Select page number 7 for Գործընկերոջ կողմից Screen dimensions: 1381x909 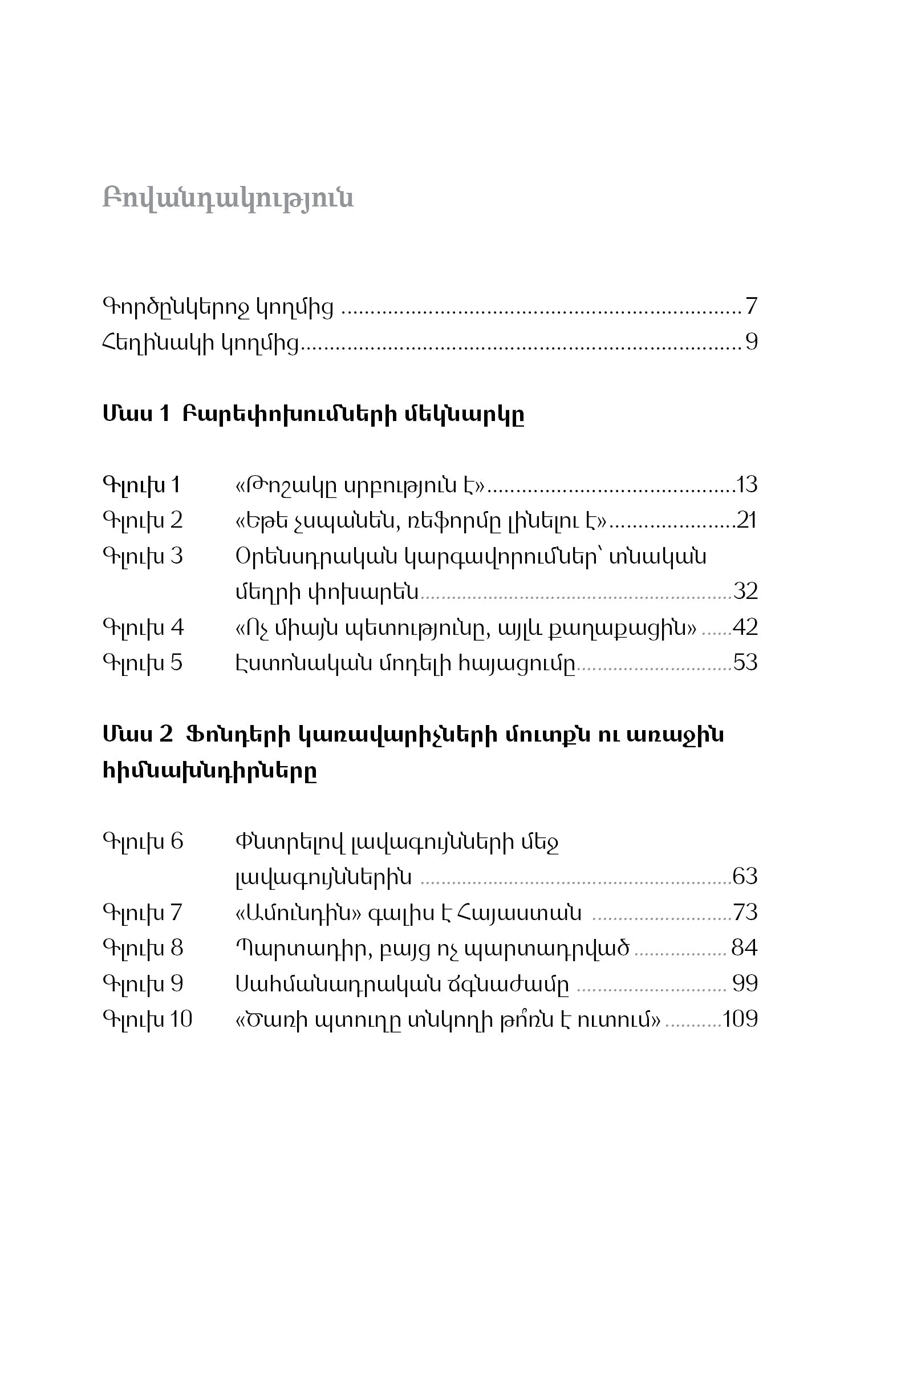click(x=751, y=306)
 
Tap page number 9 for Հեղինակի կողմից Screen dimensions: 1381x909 click(x=751, y=342)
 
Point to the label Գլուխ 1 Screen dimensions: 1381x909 click(x=141, y=485)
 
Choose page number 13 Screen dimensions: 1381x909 click(x=746, y=484)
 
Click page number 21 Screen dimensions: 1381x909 click(x=746, y=520)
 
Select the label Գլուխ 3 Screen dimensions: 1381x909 click(x=143, y=557)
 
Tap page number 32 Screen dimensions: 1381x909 click(x=745, y=592)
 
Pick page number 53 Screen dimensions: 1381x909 click(x=745, y=663)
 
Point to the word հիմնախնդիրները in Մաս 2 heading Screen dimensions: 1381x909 click(x=210, y=771)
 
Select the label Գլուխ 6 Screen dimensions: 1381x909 click(x=143, y=841)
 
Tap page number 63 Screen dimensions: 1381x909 click(x=745, y=876)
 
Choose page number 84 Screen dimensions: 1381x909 click(x=744, y=948)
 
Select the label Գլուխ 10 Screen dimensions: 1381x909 click(x=147, y=1019)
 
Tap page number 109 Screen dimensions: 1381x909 click(x=740, y=1019)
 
